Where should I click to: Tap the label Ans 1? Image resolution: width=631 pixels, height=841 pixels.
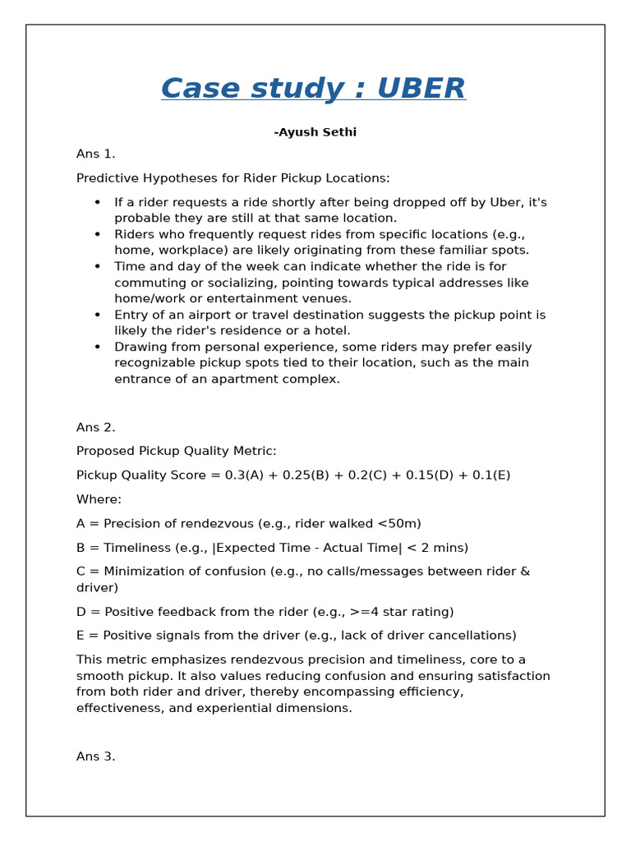tap(95, 154)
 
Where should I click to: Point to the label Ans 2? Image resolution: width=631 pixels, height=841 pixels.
tap(95, 427)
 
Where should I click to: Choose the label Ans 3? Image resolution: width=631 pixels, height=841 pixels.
tap(95, 756)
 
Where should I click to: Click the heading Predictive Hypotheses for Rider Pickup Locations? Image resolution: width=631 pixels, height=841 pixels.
tap(233, 178)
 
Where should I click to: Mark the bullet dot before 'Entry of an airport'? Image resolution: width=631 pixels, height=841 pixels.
tap(98, 315)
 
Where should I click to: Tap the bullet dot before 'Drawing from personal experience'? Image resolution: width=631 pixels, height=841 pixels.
tap(98, 347)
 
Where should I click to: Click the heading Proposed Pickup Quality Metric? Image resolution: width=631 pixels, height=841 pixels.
tap(176, 451)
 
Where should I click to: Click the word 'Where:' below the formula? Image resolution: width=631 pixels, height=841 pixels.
tap(99, 499)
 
